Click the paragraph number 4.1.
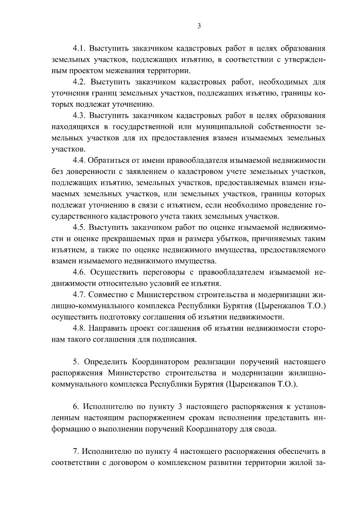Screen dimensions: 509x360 pos(79,49)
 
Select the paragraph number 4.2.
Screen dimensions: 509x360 pos(79,82)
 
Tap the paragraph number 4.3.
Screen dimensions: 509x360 pos(79,116)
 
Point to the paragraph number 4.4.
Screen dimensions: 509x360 pos(79,160)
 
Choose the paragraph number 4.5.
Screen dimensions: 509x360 pos(79,228)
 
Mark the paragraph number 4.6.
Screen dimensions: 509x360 pos(79,272)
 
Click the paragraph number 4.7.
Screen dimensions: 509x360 pos(79,295)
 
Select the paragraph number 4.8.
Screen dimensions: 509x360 pos(79,328)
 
